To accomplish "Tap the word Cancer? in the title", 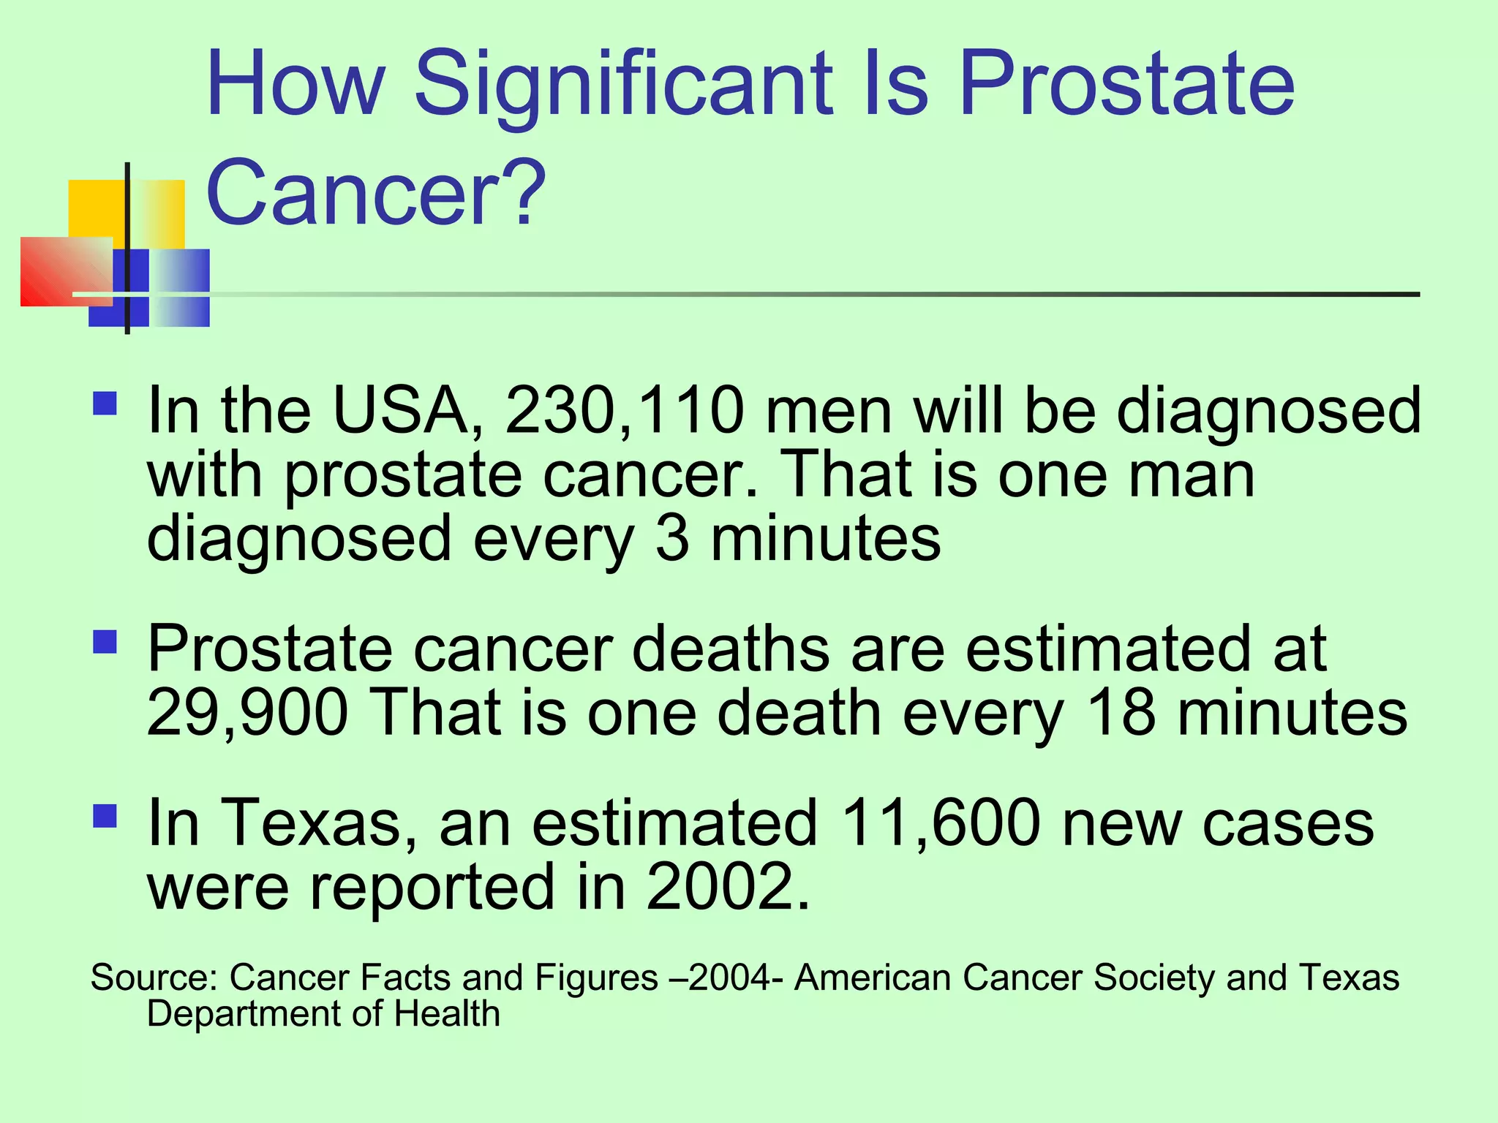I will coord(376,194).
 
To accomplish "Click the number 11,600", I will coord(941,823).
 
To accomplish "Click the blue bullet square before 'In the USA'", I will coord(105,404).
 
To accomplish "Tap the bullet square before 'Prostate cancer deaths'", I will coord(105,642).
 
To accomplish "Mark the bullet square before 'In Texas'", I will coord(105,816).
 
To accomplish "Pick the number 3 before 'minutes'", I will coord(671,539).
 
